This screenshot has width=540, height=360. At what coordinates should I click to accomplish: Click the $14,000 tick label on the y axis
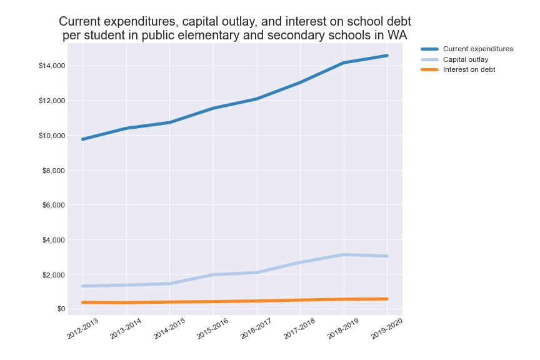click(52, 66)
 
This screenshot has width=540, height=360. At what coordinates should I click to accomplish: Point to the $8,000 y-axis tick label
click(54, 171)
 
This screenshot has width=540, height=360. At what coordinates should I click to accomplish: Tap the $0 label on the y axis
click(60, 309)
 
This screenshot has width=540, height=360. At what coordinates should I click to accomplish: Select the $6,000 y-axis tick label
click(54, 205)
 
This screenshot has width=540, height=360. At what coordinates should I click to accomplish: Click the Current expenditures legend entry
click(477, 49)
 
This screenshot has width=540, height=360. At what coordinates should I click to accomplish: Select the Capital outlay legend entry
click(466, 59)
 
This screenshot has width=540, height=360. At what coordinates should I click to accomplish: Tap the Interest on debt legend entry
click(469, 69)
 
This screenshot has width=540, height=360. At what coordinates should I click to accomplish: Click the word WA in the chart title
click(396, 35)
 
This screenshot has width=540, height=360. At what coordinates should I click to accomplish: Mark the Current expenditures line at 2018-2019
click(344, 62)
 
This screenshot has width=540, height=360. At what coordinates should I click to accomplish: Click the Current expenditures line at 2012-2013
click(82, 139)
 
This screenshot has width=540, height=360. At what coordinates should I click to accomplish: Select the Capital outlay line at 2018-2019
click(344, 254)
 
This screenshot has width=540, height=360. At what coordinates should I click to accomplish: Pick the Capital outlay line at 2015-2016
click(213, 274)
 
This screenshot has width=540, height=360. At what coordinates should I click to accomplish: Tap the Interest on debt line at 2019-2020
click(387, 299)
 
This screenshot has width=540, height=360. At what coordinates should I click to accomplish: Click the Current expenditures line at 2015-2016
click(213, 108)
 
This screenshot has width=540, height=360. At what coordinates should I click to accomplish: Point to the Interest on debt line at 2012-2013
click(82, 302)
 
